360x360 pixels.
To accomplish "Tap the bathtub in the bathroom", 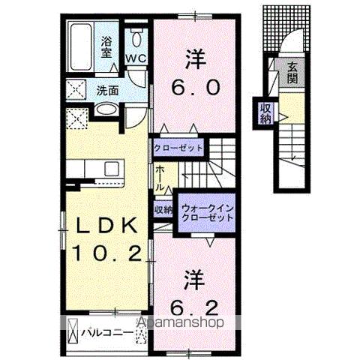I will pyautogui.click(x=82, y=45).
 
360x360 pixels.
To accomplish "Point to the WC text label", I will pyautogui.click(x=136, y=58).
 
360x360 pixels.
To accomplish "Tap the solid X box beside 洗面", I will pyautogui.click(x=78, y=90).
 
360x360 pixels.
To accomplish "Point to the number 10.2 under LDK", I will pyautogui.click(x=106, y=253).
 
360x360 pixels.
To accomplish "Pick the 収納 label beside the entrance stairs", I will pyautogui.click(x=265, y=114).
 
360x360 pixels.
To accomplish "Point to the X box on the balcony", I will pyautogui.click(x=73, y=331).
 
